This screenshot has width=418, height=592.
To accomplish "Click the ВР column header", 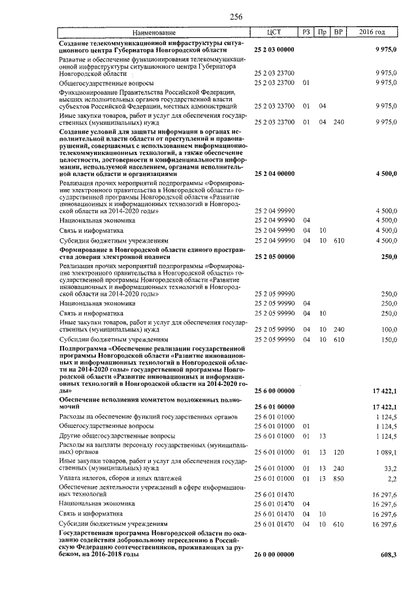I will click(338, 32).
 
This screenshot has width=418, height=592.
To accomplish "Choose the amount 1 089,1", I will click(386, 452).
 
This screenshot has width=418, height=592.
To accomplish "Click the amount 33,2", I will click(390, 468).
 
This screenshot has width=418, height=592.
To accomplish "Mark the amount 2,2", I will click(392, 479).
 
